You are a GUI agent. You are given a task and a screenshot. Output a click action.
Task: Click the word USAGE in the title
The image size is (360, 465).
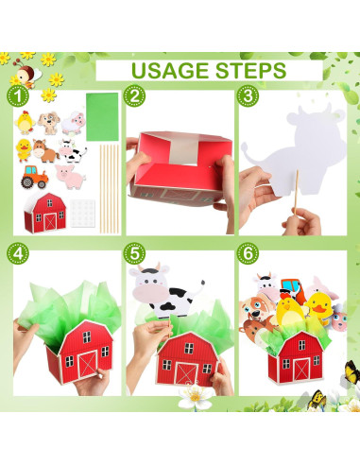point(166,70)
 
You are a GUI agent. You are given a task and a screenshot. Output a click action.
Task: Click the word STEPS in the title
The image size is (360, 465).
point(248,70)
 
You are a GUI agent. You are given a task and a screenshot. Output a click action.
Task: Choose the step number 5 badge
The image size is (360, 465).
point(136,253)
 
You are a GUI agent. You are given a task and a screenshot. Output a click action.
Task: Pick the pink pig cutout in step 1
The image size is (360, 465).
point(70,176)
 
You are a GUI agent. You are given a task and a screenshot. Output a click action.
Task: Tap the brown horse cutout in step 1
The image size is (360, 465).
point(44,150)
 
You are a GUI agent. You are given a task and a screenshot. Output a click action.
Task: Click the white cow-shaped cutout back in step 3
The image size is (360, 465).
point(286,151)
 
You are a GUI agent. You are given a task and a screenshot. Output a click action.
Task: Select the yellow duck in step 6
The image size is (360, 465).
point(318,307)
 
